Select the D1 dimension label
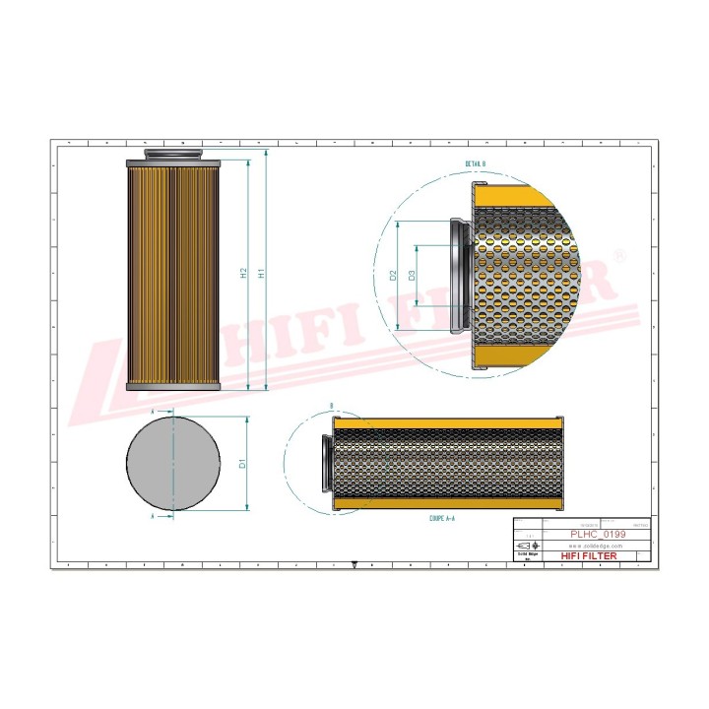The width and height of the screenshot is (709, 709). point(242,462)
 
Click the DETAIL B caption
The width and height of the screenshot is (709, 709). point(477,164)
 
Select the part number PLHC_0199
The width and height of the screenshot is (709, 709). point(598,533)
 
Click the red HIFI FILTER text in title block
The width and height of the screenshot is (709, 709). point(589,556)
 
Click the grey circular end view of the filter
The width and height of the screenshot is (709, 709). point(173,463)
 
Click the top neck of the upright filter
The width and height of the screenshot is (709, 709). point(173,154)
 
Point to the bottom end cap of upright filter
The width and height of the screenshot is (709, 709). point(173,386)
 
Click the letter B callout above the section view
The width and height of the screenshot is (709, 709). point(330,406)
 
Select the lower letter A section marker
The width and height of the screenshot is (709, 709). point(153,514)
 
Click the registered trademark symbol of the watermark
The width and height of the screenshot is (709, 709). point(619,254)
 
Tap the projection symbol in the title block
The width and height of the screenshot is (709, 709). point(525,546)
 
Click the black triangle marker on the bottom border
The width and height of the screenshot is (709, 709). point(354,565)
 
